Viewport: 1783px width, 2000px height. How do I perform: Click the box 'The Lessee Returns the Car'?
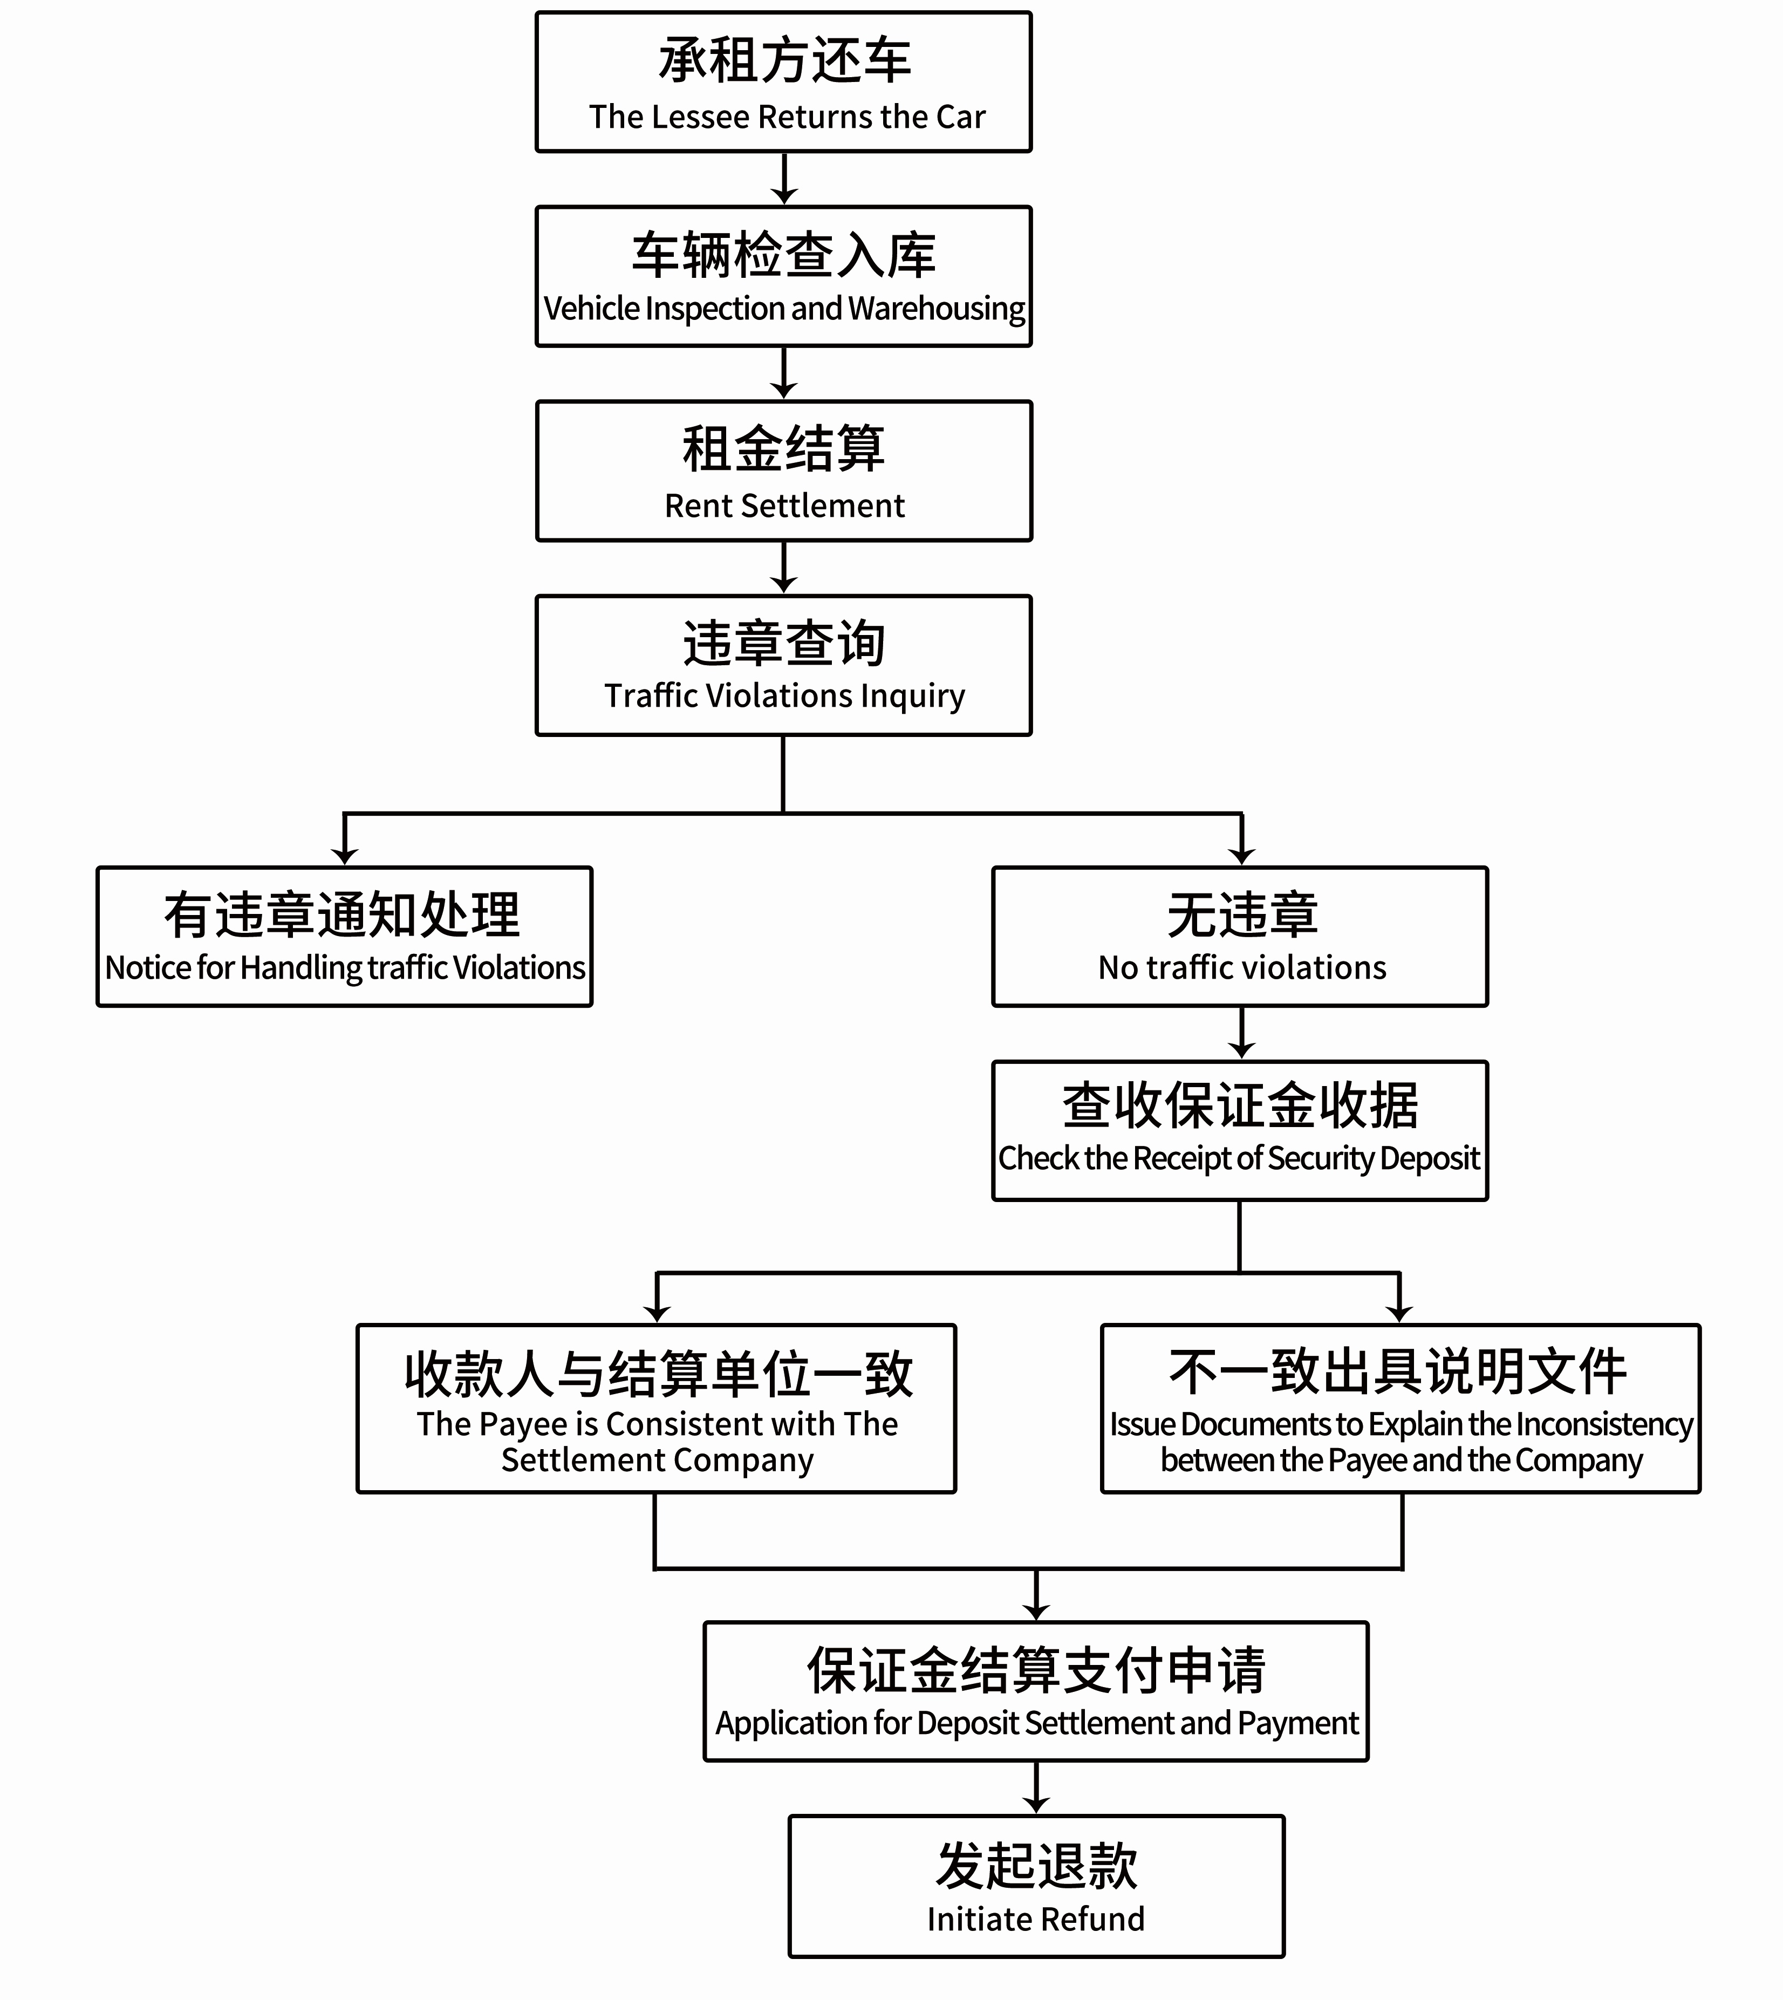point(784,83)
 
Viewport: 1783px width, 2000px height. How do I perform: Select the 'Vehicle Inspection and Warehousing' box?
point(784,276)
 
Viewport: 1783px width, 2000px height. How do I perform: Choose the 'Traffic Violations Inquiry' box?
point(784,665)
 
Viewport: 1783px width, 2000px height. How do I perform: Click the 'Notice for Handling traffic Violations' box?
point(345,937)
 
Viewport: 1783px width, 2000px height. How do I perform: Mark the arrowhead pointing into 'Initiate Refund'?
point(1036,1805)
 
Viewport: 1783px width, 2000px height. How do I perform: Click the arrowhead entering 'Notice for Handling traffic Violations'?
point(345,856)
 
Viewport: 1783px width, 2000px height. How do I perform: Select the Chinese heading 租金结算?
point(784,449)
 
